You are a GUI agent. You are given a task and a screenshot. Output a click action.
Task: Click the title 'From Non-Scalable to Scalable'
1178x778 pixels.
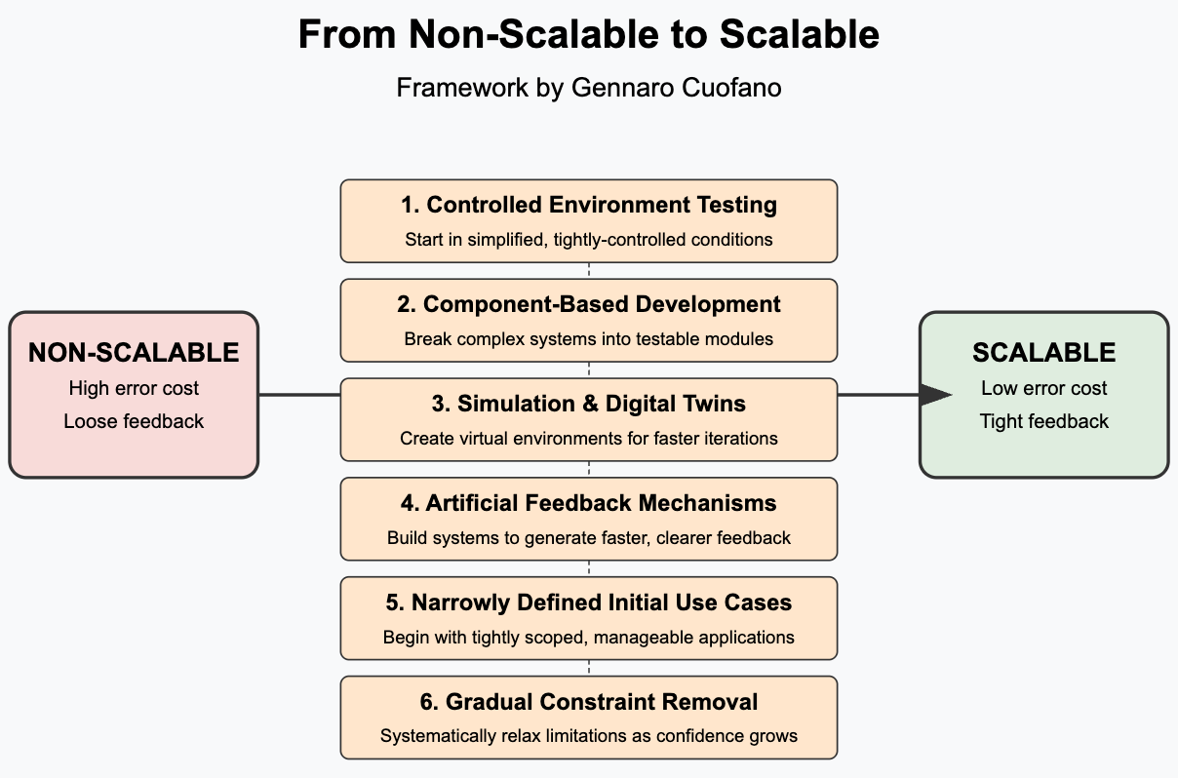tap(589, 35)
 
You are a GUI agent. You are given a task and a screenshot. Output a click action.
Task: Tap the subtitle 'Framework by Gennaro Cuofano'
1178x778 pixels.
tap(589, 88)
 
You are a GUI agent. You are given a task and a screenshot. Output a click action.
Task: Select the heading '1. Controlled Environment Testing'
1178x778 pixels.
tap(589, 205)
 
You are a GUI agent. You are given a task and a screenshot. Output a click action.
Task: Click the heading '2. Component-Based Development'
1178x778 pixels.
tap(589, 304)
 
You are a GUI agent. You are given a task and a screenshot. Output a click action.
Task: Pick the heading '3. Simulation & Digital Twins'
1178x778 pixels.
tap(589, 404)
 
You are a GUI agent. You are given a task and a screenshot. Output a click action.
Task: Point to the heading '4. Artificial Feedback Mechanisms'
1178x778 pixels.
tap(589, 503)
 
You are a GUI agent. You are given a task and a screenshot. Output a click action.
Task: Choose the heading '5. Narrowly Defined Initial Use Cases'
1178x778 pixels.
tap(589, 603)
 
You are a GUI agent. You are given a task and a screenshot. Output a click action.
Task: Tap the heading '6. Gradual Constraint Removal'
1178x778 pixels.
tap(589, 702)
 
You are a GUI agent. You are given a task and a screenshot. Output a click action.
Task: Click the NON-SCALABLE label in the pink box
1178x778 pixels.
tap(134, 353)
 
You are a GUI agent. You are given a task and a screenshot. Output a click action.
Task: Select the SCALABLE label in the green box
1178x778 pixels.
tap(1043, 353)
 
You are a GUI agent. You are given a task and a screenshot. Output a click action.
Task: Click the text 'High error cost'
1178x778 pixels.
tap(134, 388)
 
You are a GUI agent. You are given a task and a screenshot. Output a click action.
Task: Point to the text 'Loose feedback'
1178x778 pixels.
tap(134, 421)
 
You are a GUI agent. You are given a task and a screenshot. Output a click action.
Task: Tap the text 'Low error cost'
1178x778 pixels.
tap(1043, 388)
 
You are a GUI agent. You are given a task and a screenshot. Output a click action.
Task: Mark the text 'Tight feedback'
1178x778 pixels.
tap(1043, 421)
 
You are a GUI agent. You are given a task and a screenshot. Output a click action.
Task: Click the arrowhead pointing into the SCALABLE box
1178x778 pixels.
tap(936, 395)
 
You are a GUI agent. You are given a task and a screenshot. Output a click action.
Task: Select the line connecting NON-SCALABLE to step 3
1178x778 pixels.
tap(299, 395)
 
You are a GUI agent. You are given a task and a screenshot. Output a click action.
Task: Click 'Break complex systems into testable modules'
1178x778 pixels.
tap(589, 339)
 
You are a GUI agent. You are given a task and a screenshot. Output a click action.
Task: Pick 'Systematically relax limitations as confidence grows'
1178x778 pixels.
tap(589, 736)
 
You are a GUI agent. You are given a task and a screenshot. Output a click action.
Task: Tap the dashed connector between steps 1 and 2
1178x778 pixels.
tap(589, 271)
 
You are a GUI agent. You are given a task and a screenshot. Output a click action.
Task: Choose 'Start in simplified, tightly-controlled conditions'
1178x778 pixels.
tap(589, 240)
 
